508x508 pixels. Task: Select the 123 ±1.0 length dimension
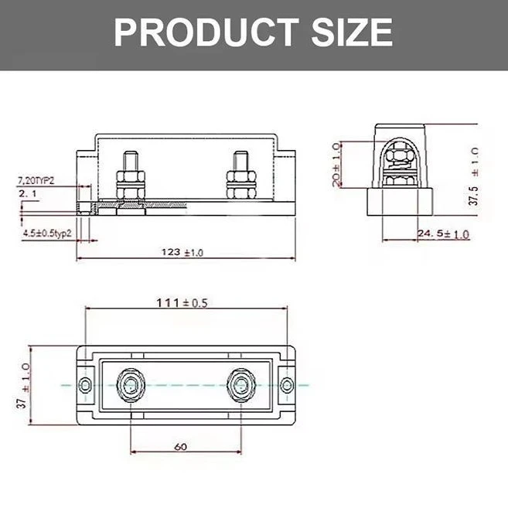point(182,252)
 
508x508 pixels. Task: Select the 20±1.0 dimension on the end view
point(336,164)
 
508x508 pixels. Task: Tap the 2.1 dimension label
point(28,194)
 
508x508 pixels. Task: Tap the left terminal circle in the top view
point(130,384)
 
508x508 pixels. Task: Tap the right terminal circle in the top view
point(240,384)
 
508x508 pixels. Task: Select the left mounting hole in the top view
point(85,384)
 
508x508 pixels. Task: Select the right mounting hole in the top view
point(286,384)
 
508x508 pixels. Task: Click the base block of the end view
point(400,204)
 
